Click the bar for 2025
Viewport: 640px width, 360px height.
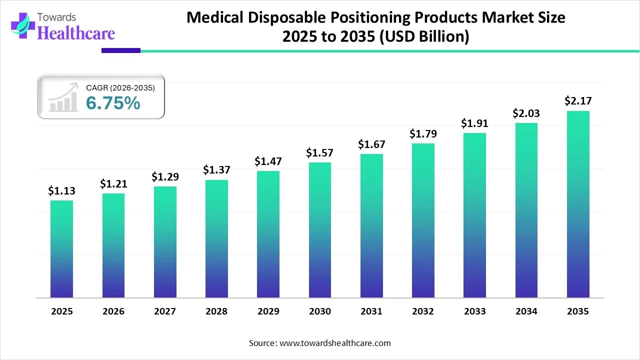[61, 249]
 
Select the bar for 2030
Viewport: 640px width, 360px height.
[320, 230]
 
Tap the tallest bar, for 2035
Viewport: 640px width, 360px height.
[578, 204]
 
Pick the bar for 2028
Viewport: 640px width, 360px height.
[216, 238]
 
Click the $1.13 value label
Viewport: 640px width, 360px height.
[61, 190]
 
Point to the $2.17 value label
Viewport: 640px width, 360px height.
[577, 101]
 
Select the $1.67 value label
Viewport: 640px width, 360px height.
[371, 144]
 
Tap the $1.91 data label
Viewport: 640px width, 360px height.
[474, 123]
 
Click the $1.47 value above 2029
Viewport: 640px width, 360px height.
[268, 161]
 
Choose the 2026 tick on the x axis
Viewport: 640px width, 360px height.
[113, 311]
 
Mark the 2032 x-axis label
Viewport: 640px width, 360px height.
[423, 311]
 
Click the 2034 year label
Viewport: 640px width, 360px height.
[526, 311]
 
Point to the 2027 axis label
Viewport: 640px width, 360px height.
[165, 311]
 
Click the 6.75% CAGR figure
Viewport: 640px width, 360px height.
[113, 103]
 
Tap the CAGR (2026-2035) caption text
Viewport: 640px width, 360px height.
[120, 88]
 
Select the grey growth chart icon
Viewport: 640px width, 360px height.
[63, 97]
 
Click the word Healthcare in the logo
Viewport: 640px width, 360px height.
[76, 33]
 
